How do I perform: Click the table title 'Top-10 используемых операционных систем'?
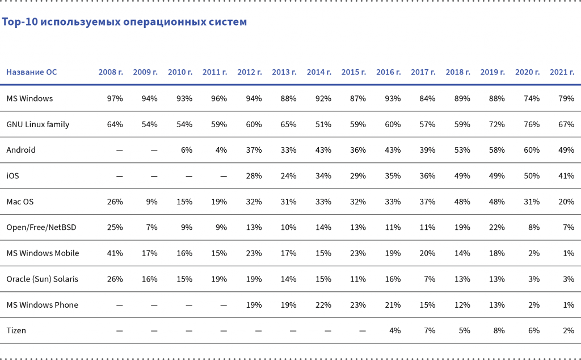[124, 22]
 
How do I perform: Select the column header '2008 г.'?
[111, 72]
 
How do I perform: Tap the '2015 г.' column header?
[353, 72]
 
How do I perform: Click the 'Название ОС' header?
[32, 72]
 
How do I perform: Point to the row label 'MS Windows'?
[30, 98]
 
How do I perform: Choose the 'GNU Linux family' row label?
[38, 124]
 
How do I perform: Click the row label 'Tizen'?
[16, 330]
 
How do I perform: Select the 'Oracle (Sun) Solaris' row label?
[43, 279]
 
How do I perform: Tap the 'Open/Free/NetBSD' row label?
[41, 227]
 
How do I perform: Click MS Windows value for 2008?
[115, 98]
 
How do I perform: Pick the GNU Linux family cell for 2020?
[532, 124]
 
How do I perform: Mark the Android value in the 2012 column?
[254, 150]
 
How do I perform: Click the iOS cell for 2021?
[566, 176]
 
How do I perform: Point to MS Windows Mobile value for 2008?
[115, 253]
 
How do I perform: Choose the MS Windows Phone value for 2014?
[323, 305]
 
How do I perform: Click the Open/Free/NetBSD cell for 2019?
[497, 227]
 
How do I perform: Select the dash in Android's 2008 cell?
[119, 150]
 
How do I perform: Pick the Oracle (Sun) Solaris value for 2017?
[430, 279]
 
